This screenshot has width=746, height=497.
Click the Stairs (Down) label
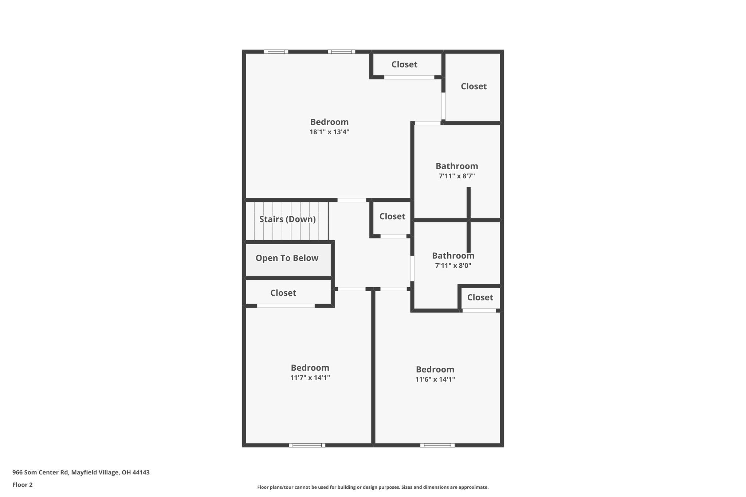click(x=287, y=219)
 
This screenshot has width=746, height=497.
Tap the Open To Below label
click(x=287, y=258)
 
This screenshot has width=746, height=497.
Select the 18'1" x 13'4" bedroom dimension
click(x=329, y=132)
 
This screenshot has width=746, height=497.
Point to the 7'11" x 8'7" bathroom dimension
click(x=457, y=176)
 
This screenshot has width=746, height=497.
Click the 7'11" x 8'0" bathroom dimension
click(x=453, y=266)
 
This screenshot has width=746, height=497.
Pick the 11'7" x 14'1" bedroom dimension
click(x=310, y=378)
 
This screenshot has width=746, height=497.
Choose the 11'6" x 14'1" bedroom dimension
click(x=435, y=379)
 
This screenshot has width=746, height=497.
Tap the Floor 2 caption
click(x=23, y=485)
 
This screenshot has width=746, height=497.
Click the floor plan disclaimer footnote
click(x=373, y=487)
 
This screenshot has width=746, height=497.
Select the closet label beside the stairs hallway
click(x=392, y=217)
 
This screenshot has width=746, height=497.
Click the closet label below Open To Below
click(x=283, y=293)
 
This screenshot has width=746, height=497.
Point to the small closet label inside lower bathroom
click(x=480, y=297)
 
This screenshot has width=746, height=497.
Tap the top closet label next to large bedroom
click(x=404, y=64)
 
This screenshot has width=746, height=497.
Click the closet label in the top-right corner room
click(x=474, y=86)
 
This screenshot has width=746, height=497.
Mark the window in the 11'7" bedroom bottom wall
click(x=307, y=445)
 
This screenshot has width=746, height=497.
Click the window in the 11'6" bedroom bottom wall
click(x=437, y=445)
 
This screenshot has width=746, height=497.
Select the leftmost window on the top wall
click(x=276, y=52)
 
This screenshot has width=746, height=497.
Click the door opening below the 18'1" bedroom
click(x=352, y=200)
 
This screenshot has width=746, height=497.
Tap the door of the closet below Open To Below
click(x=286, y=306)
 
